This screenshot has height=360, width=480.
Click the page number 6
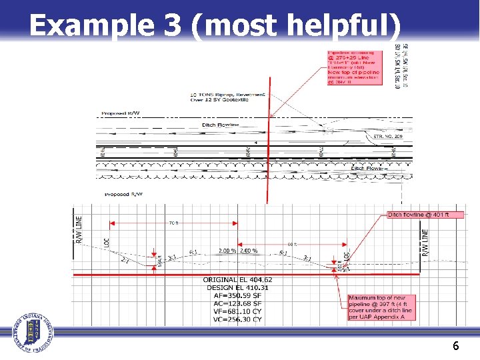point(455,345)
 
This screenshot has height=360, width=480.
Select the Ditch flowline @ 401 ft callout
point(418,215)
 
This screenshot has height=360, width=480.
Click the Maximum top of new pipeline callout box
point(381,307)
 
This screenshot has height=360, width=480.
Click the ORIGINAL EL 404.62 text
point(237,279)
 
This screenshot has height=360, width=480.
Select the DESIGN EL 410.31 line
point(237,287)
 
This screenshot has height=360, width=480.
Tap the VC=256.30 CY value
point(237,319)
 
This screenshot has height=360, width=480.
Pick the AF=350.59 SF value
point(237,295)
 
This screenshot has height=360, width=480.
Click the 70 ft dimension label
point(173,223)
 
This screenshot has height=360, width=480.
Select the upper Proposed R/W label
point(121,113)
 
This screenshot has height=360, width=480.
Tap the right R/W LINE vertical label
point(425,244)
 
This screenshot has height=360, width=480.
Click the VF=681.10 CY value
point(237,311)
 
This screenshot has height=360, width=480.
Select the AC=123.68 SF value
point(237,303)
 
